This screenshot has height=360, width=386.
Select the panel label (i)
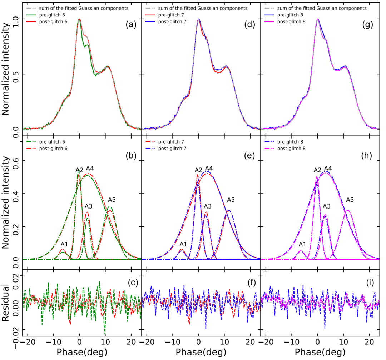coord(369,281)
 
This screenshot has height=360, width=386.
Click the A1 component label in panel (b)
coord(64,244)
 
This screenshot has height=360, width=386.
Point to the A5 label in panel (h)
coord(350,200)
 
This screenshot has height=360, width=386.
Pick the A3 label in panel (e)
coord(208,206)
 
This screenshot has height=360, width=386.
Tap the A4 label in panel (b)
coord(90,168)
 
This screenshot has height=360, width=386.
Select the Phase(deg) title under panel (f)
coord(201,352)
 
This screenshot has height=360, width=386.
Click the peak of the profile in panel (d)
coord(198,19)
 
